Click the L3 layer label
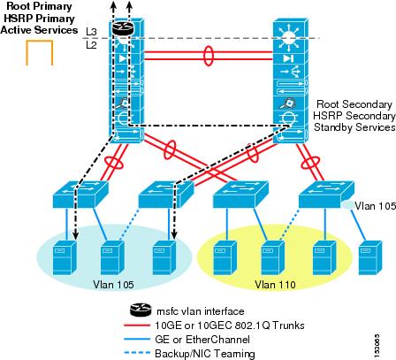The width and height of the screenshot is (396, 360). coord(91,32)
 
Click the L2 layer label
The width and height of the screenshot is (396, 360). coord(91,45)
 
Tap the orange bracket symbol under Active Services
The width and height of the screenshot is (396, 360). coord(40,42)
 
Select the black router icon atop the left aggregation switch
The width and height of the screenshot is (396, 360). coord(123,28)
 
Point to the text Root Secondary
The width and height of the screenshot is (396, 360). coord(354,104)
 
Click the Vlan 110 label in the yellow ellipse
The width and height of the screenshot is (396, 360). coord(275,285)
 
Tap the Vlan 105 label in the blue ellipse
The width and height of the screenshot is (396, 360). coord(113,285)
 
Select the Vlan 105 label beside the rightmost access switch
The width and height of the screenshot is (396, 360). coord(376,206)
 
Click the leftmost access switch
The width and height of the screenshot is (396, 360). coord(80,195)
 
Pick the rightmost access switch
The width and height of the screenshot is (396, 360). coord(326,195)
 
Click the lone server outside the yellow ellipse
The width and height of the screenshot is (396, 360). coord(370,257)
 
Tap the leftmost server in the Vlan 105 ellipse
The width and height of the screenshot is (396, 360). coord(65,257)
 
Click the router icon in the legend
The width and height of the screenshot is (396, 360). coord(141,310)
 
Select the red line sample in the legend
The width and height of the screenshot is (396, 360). coord(137,326)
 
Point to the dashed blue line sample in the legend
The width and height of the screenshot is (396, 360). coord(137,353)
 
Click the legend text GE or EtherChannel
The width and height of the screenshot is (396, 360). coord(202,340)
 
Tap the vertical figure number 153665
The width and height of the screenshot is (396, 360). coord(377,346)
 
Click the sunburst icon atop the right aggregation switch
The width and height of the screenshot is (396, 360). coord(289,38)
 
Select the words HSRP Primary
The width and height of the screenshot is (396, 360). coord(39,19)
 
